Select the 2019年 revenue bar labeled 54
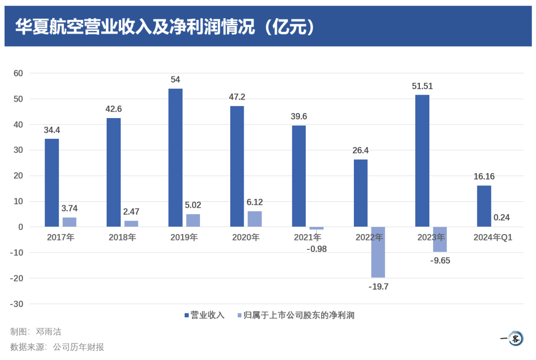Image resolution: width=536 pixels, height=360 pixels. (x=175, y=158)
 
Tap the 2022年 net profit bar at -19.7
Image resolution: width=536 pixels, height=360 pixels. (x=378, y=252)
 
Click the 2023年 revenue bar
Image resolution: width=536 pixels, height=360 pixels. (x=422, y=161)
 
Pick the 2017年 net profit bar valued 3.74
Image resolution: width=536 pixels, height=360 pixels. (x=69, y=222)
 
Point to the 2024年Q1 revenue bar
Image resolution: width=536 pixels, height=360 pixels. (x=484, y=206)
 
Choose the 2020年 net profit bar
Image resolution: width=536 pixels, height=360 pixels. (x=255, y=219)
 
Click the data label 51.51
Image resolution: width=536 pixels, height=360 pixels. (x=422, y=86)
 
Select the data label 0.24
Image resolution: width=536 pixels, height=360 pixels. (x=501, y=218)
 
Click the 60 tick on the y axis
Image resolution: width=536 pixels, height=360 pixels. (x=18, y=73)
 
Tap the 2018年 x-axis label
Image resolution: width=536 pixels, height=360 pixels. (x=122, y=238)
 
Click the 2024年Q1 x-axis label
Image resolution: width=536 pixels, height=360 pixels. (x=492, y=238)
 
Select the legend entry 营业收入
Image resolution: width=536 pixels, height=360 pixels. (x=204, y=315)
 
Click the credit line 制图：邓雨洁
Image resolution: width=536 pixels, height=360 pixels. (x=36, y=332)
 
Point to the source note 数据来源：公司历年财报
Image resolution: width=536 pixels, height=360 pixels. (x=57, y=347)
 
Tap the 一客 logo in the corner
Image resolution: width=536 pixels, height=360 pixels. (x=513, y=339)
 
